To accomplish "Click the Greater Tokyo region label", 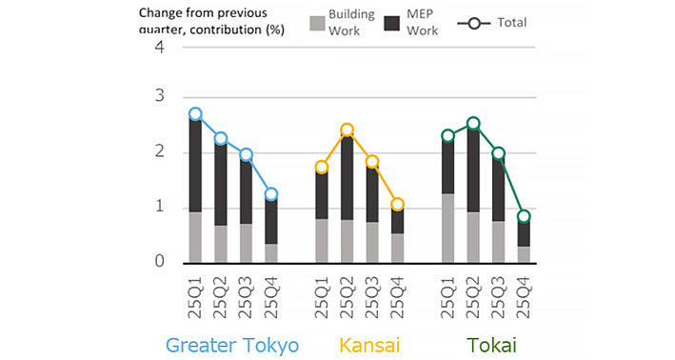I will [233, 344].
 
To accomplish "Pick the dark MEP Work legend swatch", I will [388, 22].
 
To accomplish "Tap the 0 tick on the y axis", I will [159, 262].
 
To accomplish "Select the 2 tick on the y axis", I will [159, 152].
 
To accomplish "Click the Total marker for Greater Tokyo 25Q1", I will [195, 114].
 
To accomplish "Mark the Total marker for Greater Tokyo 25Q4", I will [271, 194].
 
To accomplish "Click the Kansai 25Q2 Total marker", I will [347, 130].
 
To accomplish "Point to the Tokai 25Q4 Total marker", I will [523, 216].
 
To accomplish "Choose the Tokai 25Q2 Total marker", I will [473, 123].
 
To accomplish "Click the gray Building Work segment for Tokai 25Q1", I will [447, 227].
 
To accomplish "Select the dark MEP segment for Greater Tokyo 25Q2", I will [221, 184].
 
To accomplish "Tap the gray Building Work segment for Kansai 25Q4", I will [397, 248].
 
